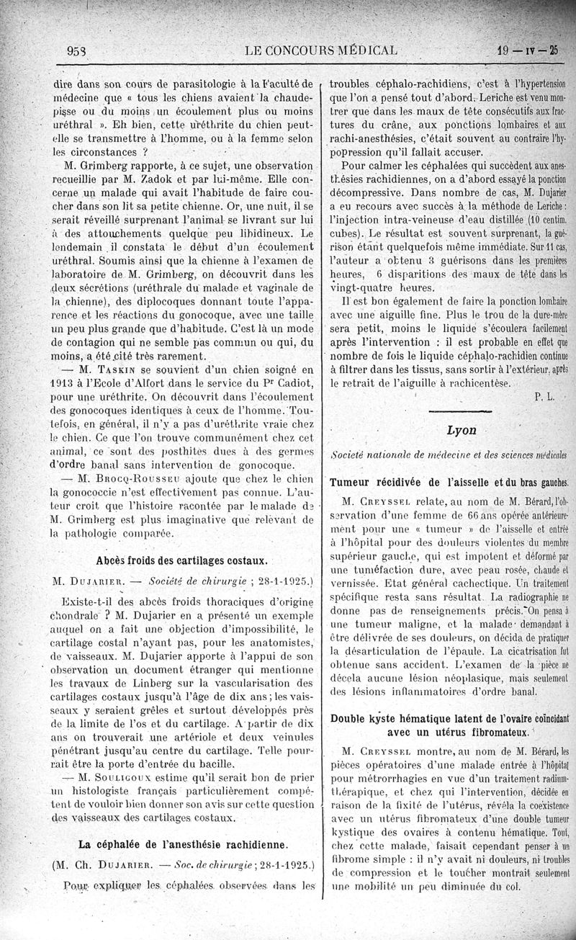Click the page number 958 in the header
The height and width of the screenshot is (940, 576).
tap(77, 51)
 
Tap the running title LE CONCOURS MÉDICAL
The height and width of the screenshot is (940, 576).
tap(321, 51)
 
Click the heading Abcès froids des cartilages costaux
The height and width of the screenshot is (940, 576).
tap(182, 560)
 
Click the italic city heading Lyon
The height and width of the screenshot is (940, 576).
tap(462, 429)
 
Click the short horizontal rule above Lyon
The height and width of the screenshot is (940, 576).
tap(462, 411)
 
